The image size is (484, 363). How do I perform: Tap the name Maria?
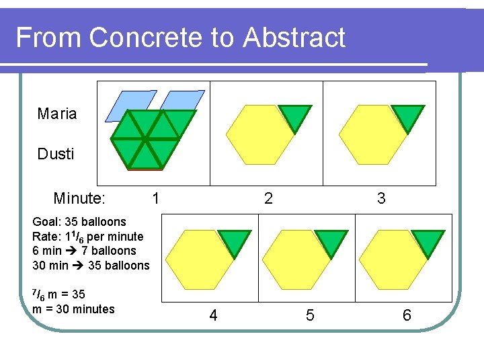[x=57, y=114]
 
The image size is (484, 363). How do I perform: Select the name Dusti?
[x=56, y=154]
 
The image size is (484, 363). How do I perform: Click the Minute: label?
[x=79, y=198]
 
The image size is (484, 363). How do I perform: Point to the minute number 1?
[x=156, y=198]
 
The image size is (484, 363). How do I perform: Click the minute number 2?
[x=269, y=198]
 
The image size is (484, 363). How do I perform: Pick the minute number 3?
[x=381, y=198]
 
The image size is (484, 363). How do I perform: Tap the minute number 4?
[x=213, y=315]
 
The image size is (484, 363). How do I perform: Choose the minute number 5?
[x=309, y=315]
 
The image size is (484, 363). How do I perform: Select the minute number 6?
[x=406, y=315]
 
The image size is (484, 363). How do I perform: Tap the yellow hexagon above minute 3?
[x=372, y=136]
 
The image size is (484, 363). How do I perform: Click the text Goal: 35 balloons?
[x=79, y=222]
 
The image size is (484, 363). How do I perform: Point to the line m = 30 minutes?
[x=73, y=309]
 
